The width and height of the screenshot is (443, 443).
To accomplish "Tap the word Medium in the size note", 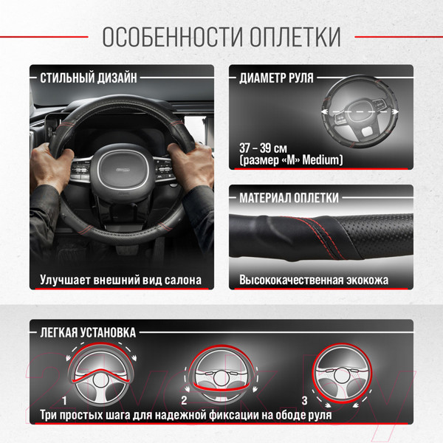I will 322,159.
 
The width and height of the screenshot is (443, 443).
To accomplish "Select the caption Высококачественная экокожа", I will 314,281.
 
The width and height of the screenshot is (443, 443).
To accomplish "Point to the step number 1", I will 66,401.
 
